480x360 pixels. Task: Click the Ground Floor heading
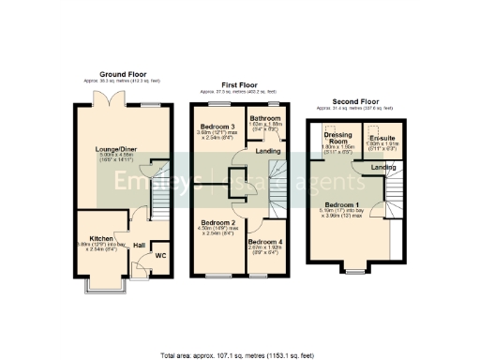pyautogui.click(x=122, y=74)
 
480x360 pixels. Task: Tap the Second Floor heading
pyautogui.click(x=356, y=101)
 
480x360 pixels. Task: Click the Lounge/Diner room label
pyautogui.click(x=115, y=148)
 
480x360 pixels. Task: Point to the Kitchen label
pyautogui.click(x=101, y=239)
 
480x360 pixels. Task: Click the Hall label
pyautogui.click(x=139, y=246)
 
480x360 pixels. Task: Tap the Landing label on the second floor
pyautogui.click(x=382, y=168)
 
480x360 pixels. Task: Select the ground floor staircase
pyautogui.click(x=157, y=192)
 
